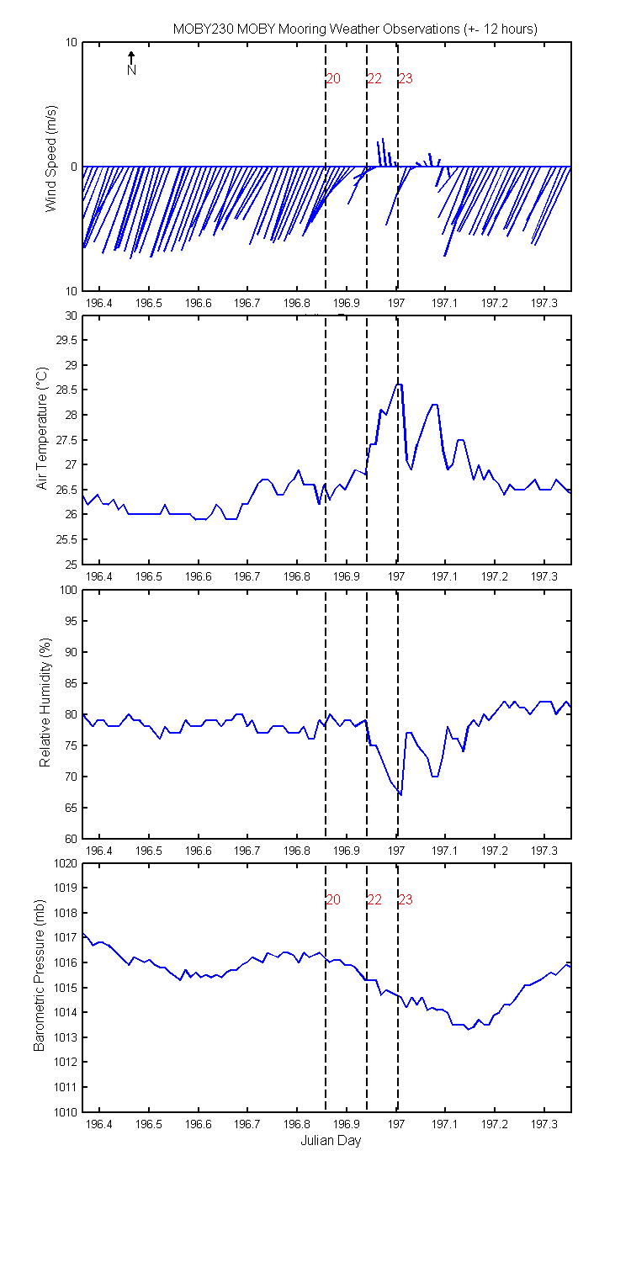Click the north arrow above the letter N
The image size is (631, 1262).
click(131, 57)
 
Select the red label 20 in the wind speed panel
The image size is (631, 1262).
click(333, 79)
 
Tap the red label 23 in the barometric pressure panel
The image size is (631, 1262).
click(406, 899)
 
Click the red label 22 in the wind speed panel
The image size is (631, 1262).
click(374, 79)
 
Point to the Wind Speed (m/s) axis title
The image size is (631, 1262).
click(50, 158)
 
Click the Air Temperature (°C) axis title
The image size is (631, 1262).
click(42, 428)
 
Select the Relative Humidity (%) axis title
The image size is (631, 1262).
click(45, 703)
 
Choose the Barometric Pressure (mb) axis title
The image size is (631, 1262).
click(39, 975)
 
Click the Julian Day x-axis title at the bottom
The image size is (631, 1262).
click(331, 1141)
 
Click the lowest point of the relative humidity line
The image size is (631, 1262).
click(400, 795)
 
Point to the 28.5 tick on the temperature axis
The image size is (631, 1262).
click(66, 390)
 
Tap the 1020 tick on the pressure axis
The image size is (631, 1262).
click(66, 864)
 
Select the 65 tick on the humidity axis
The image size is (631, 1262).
click(71, 808)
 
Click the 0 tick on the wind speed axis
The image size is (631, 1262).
click(74, 167)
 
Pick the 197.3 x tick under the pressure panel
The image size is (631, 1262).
click(544, 1124)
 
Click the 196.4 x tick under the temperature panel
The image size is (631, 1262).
click(99, 576)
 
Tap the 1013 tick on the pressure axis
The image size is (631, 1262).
click(66, 1037)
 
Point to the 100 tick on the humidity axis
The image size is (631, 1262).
click(68, 590)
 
